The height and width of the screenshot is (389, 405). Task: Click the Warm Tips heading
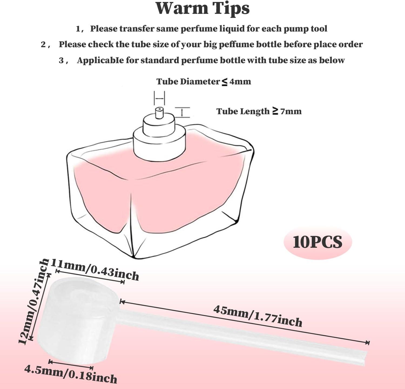[202, 9]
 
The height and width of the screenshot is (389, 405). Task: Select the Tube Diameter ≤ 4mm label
[204, 81]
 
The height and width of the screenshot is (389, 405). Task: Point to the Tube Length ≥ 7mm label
[259, 111]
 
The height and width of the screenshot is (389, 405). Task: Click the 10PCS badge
[318, 242]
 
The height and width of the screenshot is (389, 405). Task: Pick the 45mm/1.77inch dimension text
[258, 316]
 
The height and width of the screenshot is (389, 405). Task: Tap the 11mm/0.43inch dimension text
[95, 270]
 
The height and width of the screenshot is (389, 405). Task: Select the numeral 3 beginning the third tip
[61, 60]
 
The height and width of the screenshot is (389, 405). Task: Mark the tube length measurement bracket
[182, 112]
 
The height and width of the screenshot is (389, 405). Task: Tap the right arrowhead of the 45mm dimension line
[367, 343]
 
